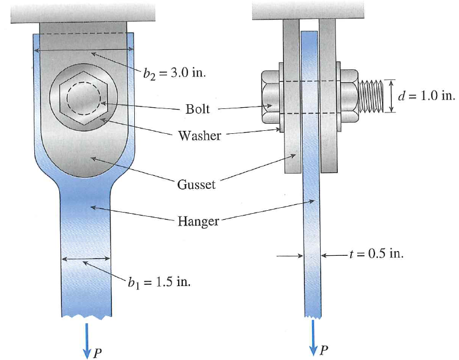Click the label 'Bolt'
click(x=197, y=109)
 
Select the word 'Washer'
click(x=199, y=136)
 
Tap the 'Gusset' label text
click(x=196, y=184)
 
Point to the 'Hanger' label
click(x=198, y=221)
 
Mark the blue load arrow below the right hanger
click(x=312, y=334)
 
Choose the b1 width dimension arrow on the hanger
click(x=86, y=258)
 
